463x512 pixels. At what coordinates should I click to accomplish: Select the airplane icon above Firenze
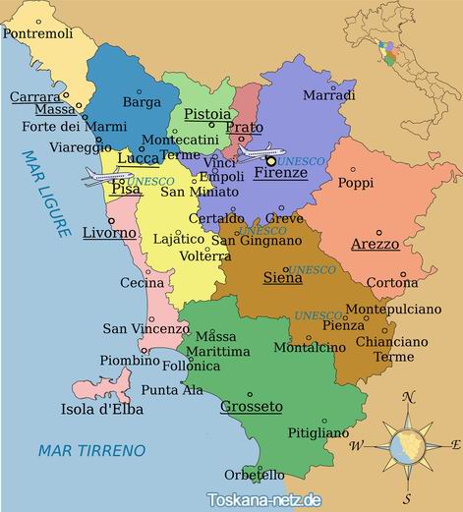(x=260, y=153)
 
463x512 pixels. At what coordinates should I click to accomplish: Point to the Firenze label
(x=280, y=173)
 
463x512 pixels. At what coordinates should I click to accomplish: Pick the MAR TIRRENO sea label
(x=90, y=450)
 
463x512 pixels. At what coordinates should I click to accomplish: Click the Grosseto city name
(x=252, y=406)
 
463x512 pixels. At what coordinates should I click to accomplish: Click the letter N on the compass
(x=408, y=398)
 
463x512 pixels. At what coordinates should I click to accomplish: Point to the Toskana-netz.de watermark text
(x=263, y=499)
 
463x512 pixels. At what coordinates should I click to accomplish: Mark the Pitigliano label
(x=318, y=432)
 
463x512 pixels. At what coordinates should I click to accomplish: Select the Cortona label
(x=391, y=283)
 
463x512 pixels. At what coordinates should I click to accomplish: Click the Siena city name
(x=282, y=278)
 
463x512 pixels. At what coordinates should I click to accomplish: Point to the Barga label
(x=142, y=101)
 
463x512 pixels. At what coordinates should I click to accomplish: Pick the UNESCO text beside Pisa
(x=150, y=183)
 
